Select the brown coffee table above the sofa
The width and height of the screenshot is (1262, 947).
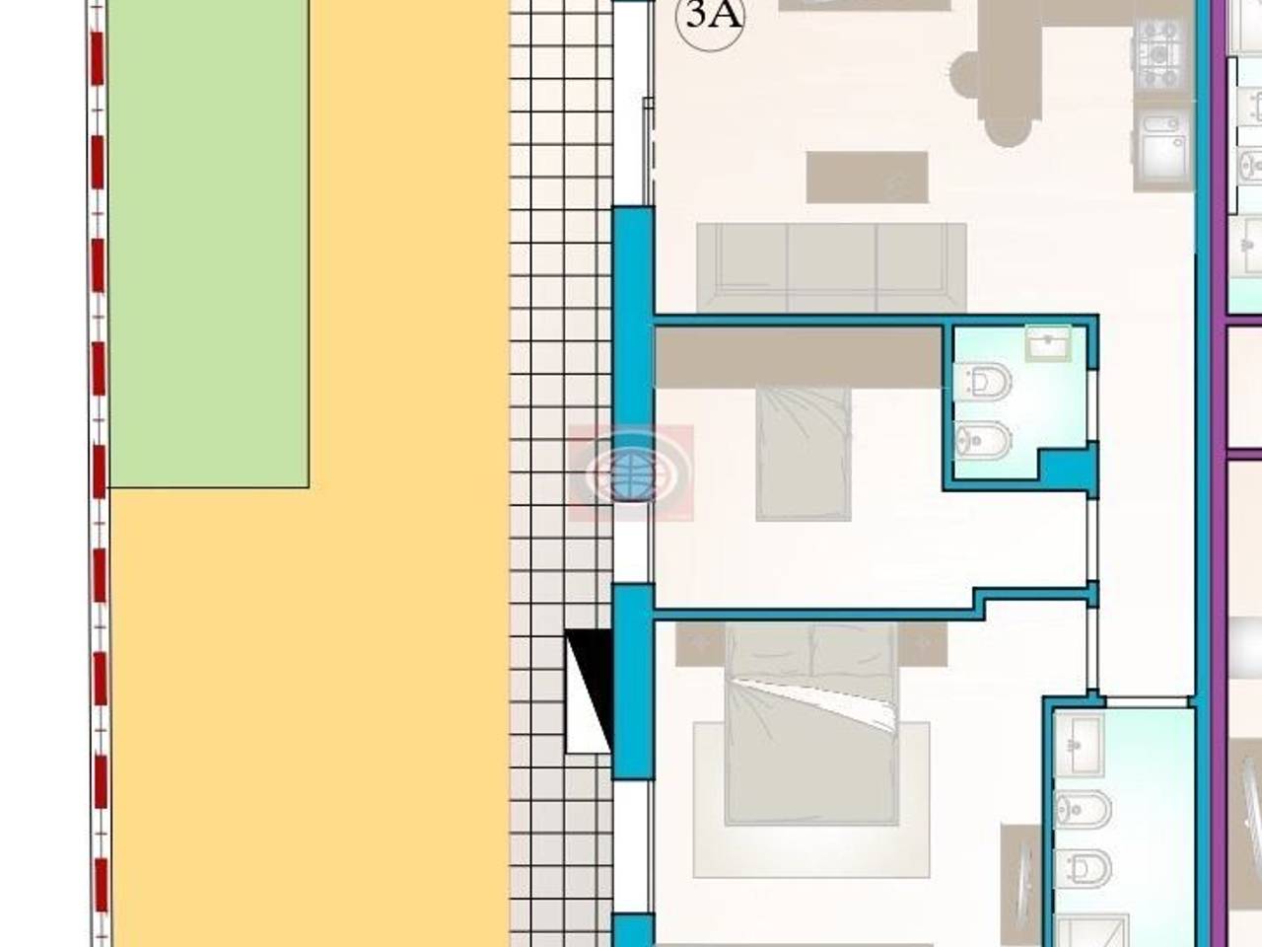point(867,178)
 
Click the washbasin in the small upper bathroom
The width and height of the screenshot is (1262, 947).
point(1048,344)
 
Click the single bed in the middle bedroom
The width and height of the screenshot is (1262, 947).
point(804,454)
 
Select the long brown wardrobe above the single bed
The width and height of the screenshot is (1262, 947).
point(799,356)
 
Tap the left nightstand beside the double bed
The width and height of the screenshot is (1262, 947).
point(700,644)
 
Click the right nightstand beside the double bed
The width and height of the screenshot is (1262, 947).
point(922,644)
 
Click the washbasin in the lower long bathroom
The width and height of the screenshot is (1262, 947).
point(1080,746)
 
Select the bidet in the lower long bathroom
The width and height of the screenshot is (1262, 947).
point(1084,810)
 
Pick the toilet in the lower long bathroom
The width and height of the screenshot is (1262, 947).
point(1084,868)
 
